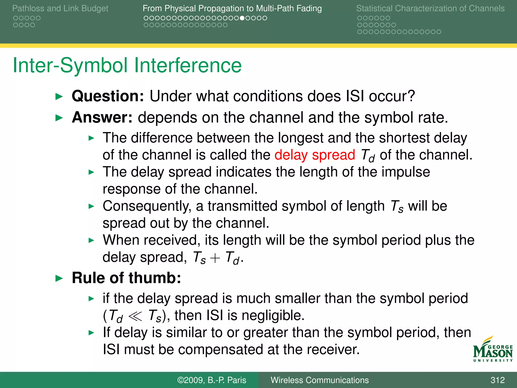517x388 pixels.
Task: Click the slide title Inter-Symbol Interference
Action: pos(127,65)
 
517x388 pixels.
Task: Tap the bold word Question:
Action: pos(108,96)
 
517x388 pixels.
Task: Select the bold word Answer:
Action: pos(102,118)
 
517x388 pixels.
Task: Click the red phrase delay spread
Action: pos(315,155)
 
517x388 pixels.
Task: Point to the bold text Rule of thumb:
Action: pos(126,278)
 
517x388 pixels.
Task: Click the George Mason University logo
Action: pos(493,350)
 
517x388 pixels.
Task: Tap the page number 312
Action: pos(497,380)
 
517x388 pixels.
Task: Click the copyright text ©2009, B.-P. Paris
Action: pos(212,380)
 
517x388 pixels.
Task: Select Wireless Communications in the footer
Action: pos(319,380)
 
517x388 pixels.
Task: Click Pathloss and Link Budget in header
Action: pos(60,8)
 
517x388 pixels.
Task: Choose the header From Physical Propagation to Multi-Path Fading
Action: pos(232,8)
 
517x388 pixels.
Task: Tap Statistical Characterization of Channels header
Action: pos(430,8)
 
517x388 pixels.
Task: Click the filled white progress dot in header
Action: pos(242,18)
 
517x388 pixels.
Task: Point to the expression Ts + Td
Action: pos(216,258)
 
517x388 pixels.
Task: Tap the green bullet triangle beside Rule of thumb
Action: pos(59,278)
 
